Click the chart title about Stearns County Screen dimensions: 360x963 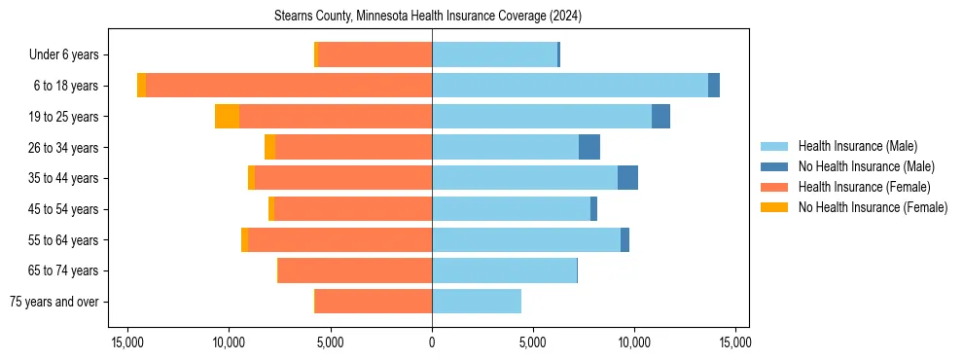pos(433,16)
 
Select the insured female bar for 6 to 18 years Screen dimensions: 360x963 pos(289,86)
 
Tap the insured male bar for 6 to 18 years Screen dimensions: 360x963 pos(570,86)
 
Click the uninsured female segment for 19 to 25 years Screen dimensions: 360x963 pos(227,117)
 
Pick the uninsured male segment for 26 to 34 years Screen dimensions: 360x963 pos(589,147)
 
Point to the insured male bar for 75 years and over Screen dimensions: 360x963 pos(477,302)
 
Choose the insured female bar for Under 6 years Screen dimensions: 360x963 pos(374,54)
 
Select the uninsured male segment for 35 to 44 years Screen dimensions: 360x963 pos(627,178)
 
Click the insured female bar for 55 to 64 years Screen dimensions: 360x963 pos(339,239)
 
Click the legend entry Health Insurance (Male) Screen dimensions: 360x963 pos(857,146)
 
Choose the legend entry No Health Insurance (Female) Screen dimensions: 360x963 pos(873,207)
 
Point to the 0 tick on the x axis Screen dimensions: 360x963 pos(432,342)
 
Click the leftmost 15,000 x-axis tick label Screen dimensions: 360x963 pos(127,342)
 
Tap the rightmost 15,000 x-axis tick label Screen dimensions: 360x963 pos(735,342)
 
